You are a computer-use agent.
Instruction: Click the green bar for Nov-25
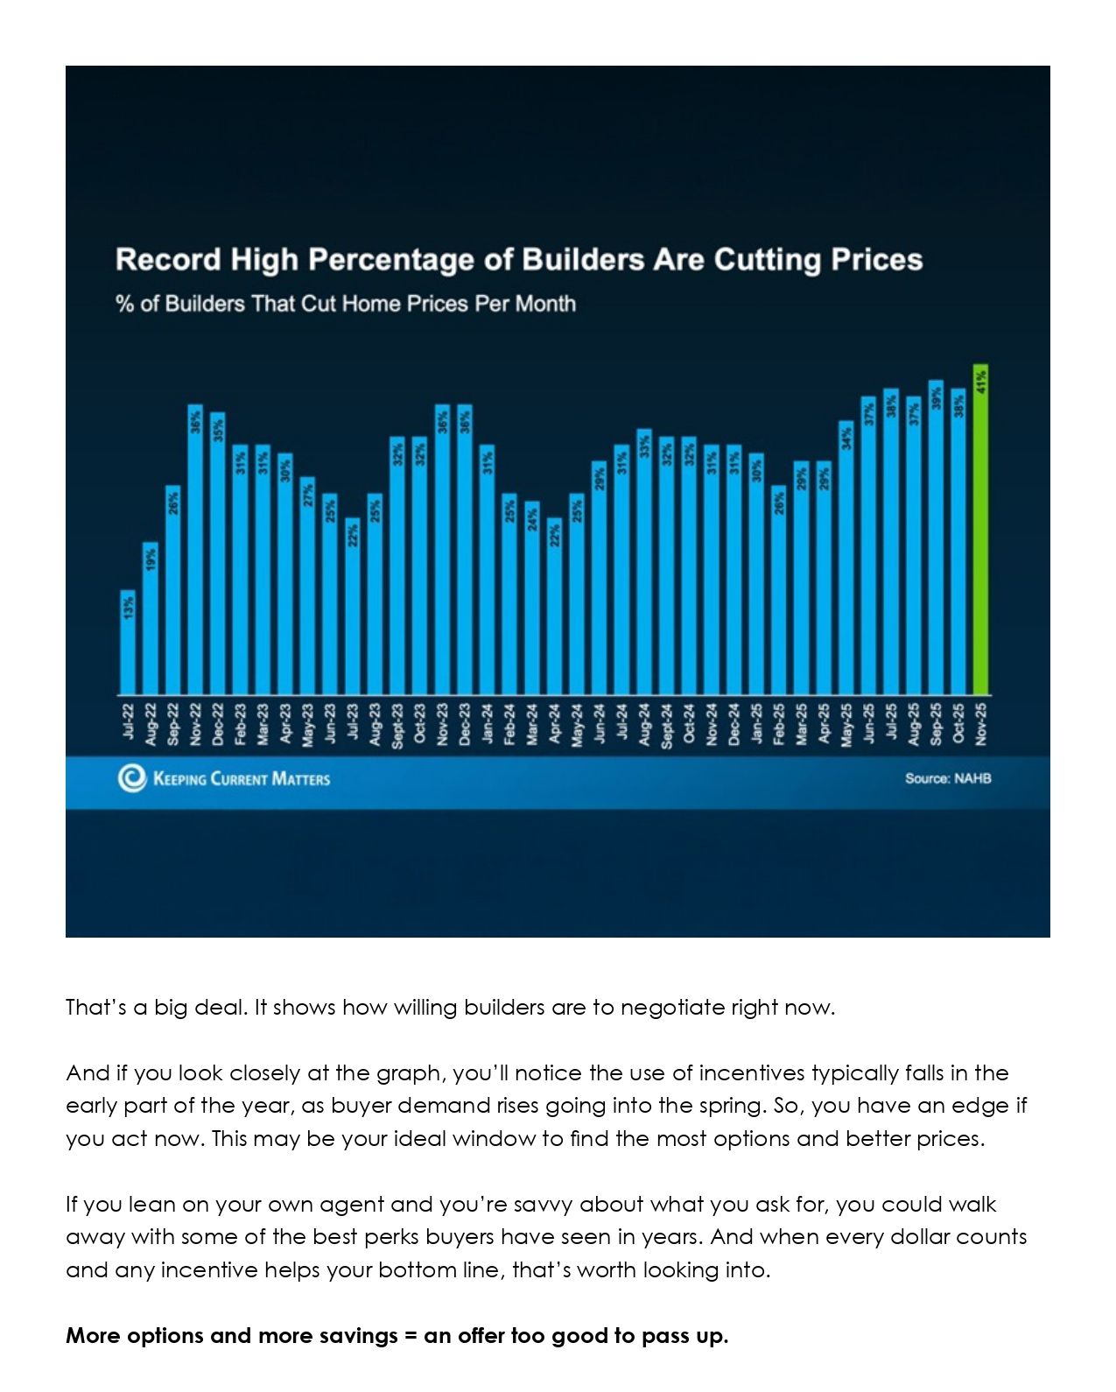click(980, 534)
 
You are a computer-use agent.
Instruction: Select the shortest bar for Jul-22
click(128, 643)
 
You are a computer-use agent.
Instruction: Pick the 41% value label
click(980, 381)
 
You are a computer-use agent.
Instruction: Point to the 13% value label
click(129, 607)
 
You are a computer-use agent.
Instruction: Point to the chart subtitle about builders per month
click(346, 305)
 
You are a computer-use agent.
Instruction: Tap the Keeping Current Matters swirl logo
click(132, 777)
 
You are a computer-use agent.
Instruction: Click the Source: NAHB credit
click(948, 778)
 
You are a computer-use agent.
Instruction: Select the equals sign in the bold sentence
click(411, 1336)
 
